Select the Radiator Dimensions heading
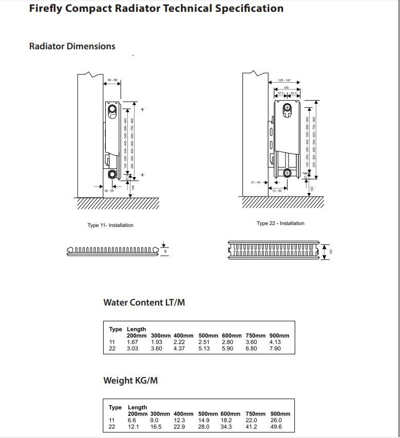coord(72,46)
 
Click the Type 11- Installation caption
coord(110,225)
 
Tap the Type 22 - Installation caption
coord(280,223)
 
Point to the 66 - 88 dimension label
coord(112,80)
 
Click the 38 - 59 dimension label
coord(109,191)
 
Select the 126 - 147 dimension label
coord(284,81)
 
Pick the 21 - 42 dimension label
coord(256,182)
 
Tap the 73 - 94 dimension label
coord(277,191)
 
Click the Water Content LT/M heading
coord(144,302)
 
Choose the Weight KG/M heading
coord(130,380)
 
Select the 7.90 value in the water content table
coord(275,349)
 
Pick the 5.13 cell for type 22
coord(204,349)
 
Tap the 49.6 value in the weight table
coord(276,427)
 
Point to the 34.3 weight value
coord(226,427)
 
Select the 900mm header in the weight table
coord(280,414)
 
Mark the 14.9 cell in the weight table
coord(204,420)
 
